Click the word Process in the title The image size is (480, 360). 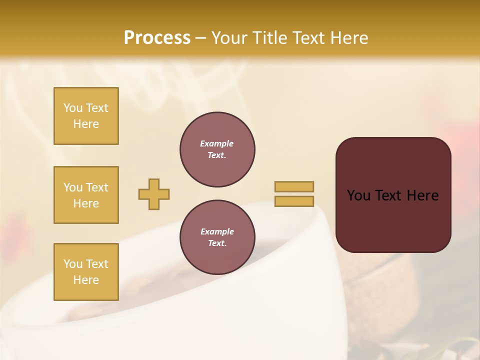click(157, 38)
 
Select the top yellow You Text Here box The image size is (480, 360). click(86, 116)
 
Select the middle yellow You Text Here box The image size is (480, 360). click(86, 195)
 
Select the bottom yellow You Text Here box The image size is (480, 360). click(86, 272)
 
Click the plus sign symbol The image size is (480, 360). click(154, 194)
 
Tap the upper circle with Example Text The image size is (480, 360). click(217, 149)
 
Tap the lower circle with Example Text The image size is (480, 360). click(217, 237)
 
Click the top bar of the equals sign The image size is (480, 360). click(294, 186)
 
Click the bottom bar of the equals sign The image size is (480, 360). click(294, 201)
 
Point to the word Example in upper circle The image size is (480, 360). click(217, 143)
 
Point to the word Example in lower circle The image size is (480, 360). click(217, 231)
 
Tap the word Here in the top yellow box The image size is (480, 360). click(86, 124)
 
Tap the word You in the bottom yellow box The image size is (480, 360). click(73, 264)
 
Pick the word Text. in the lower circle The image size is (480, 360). click(217, 243)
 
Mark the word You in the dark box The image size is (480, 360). click(359, 195)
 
